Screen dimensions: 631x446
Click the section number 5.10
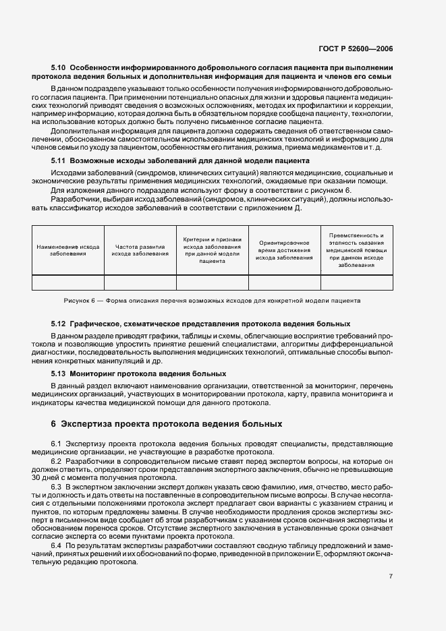coord(59,68)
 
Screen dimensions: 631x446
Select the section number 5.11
coord(59,161)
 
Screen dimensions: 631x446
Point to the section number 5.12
coord(59,324)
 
